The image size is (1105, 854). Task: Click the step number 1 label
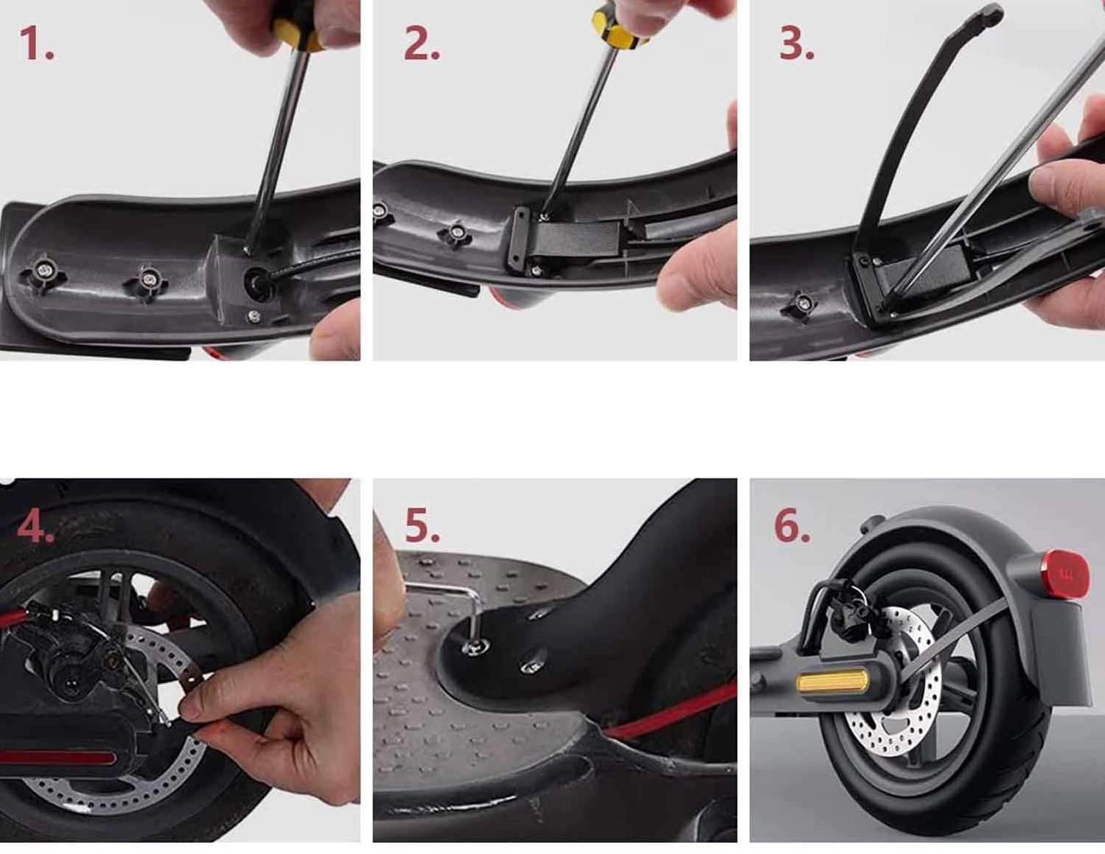pyautogui.click(x=37, y=44)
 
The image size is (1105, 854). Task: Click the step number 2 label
pyautogui.click(x=422, y=44)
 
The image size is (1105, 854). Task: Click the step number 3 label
pyautogui.click(x=797, y=44)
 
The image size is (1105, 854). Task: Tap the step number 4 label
pyautogui.click(x=35, y=528)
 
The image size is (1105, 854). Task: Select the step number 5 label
pyautogui.click(x=422, y=526)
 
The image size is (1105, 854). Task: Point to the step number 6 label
pyautogui.click(x=792, y=526)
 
